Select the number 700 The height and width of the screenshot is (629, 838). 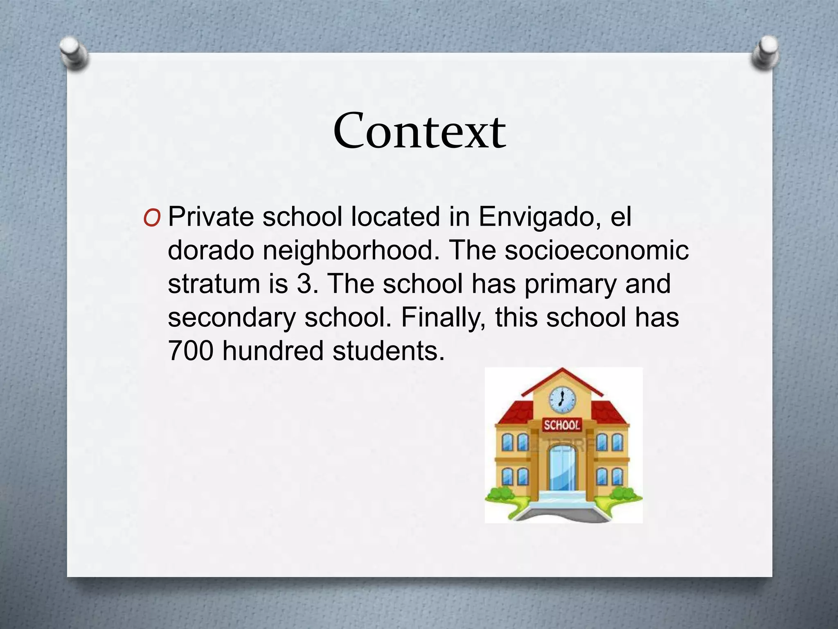click(191, 351)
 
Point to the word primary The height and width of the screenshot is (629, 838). click(570, 285)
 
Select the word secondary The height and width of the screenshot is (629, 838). click(232, 318)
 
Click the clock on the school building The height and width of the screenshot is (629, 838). click(562, 399)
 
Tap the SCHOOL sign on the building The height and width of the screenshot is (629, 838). click(562, 425)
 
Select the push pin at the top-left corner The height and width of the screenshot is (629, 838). click(73, 53)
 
